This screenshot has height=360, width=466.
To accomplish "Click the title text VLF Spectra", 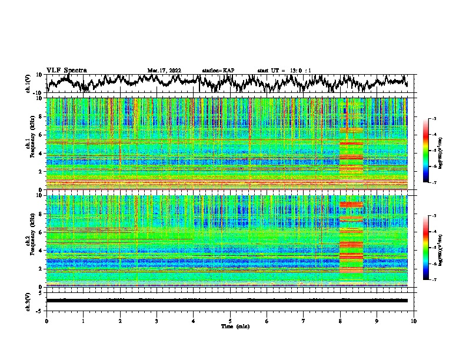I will coord(66,70).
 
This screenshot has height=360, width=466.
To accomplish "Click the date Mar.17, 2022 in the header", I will coord(164,71).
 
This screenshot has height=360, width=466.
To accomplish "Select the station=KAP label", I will coord(218,71).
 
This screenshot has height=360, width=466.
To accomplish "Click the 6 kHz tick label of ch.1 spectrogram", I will coord(42,135).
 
